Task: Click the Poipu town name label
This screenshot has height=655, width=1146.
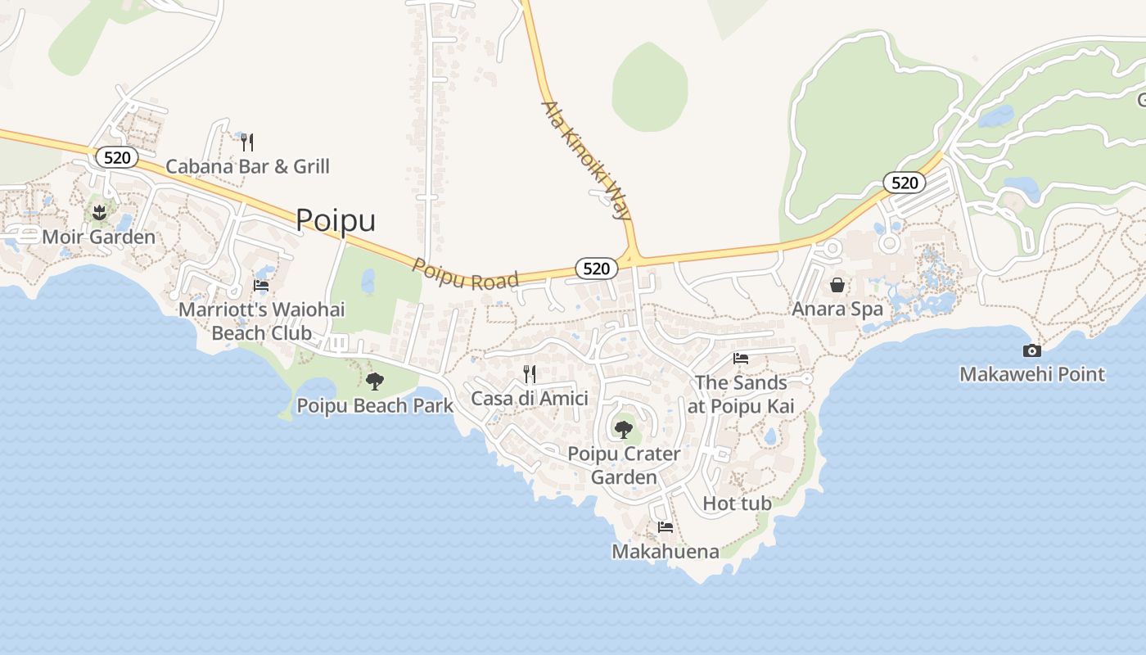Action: [x=336, y=220]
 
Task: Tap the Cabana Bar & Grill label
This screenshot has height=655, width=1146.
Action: [x=247, y=167]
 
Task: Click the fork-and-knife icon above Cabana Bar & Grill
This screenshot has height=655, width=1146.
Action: [x=247, y=142]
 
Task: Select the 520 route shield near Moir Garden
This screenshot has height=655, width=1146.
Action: [x=116, y=157]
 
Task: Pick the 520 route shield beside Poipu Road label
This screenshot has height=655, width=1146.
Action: [x=596, y=268]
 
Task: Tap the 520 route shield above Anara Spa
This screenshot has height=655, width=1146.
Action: [x=905, y=182]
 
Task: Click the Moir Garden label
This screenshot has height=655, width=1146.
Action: [x=98, y=237]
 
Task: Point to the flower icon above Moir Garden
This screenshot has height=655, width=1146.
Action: [x=99, y=214]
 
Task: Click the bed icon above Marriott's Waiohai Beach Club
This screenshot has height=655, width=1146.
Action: [x=261, y=286]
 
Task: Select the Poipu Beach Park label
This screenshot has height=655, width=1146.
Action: [x=375, y=406]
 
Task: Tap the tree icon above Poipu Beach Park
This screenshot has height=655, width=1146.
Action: [x=375, y=381]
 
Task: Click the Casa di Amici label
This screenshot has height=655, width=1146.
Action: [x=530, y=399]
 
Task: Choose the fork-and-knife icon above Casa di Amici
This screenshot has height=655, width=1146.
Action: [x=530, y=374]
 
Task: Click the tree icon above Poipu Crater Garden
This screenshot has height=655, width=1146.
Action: [x=624, y=429]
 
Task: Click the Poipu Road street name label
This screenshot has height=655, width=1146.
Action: [x=465, y=275]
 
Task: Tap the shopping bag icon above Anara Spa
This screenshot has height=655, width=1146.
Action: [x=837, y=285]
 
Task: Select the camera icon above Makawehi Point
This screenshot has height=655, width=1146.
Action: [x=1032, y=350]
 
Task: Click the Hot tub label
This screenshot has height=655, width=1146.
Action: [x=737, y=504]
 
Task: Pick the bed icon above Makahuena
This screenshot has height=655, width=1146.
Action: [x=665, y=526]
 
